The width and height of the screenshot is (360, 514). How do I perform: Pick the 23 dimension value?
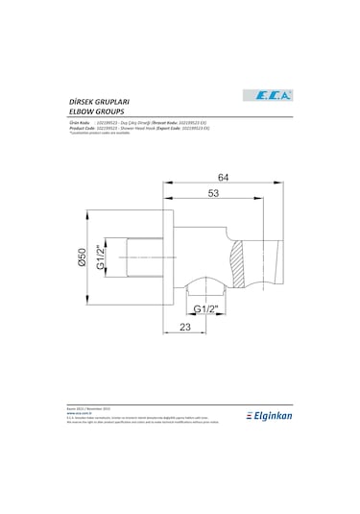pos(186,328)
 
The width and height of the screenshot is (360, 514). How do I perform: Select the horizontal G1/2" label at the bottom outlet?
pos(204,308)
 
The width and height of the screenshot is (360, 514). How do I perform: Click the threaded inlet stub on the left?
pos(143,257)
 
